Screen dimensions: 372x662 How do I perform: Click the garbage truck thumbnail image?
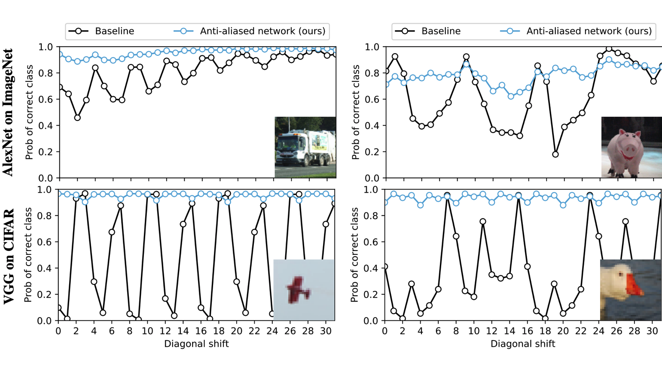(x=305, y=147)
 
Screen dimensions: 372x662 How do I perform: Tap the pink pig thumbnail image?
(x=631, y=147)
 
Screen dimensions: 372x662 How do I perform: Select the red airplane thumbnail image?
(x=304, y=290)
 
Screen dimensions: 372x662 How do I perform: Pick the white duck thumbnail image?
(x=630, y=290)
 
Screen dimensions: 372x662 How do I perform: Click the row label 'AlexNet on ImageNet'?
(x=8, y=112)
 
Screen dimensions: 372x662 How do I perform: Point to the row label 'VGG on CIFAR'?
(x=8, y=257)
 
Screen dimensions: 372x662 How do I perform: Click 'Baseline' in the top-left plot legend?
(x=114, y=31)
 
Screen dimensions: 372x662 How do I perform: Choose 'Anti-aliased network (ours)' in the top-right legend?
(x=589, y=31)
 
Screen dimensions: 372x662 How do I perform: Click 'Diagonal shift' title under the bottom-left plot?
(x=196, y=344)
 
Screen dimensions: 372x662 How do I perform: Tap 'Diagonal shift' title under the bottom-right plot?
(x=523, y=344)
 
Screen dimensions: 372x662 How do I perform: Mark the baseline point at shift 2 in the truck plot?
(x=77, y=118)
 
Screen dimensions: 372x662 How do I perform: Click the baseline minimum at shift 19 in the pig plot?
(x=555, y=154)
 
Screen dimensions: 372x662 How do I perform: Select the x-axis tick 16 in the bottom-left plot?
(x=201, y=331)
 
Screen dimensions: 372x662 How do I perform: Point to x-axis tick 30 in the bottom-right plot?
(x=652, y=331)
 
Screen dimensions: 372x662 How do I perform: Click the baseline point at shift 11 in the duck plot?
(x=483, y=222)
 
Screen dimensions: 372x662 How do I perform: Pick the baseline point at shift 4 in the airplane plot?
(x=94, y=282)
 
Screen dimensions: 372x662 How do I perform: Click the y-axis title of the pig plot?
(x=356, y=112)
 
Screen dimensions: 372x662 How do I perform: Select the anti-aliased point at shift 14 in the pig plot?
(x=511, y=97)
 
